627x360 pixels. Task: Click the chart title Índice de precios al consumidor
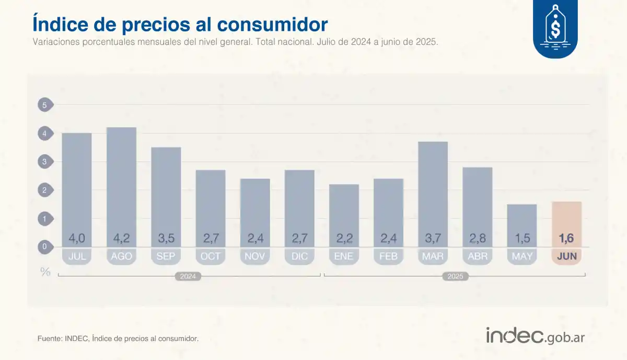pos(180,24)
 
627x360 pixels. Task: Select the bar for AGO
pos(121,183)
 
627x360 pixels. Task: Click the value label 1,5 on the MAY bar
pos(522,238)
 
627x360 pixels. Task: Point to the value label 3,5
pos(166,238)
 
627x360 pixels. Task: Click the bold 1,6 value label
pos(567,238)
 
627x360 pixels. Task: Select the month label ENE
pos(344,256)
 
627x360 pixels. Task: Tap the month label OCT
pos(211,256)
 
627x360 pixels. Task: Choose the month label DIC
pos(299,256)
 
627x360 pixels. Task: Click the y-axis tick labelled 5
pos(45,105)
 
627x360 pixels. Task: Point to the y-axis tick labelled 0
pos(45,247)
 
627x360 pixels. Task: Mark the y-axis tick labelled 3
pos(45,161)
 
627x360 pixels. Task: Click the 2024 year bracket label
pos(188,276)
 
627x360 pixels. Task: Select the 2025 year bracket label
pos(455,276)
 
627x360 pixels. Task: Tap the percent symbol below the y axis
pos(45,271)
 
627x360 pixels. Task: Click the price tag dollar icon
pos(555,26)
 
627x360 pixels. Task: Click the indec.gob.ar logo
pos(535,336)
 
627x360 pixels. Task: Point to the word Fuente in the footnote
pos(49,339)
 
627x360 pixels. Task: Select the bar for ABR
pos(478,204)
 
